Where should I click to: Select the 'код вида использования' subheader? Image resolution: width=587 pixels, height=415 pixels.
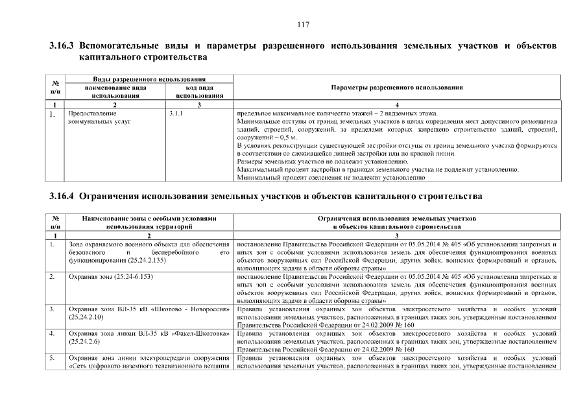tap(199, 91)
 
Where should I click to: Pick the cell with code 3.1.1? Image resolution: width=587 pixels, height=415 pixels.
tap(176, 113)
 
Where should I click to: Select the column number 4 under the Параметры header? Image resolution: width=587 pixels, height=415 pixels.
tap(396, 104)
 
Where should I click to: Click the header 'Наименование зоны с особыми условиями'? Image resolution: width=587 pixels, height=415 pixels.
tap(149, 219)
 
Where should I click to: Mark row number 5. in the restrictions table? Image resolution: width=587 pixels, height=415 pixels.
tap(51, 357)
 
